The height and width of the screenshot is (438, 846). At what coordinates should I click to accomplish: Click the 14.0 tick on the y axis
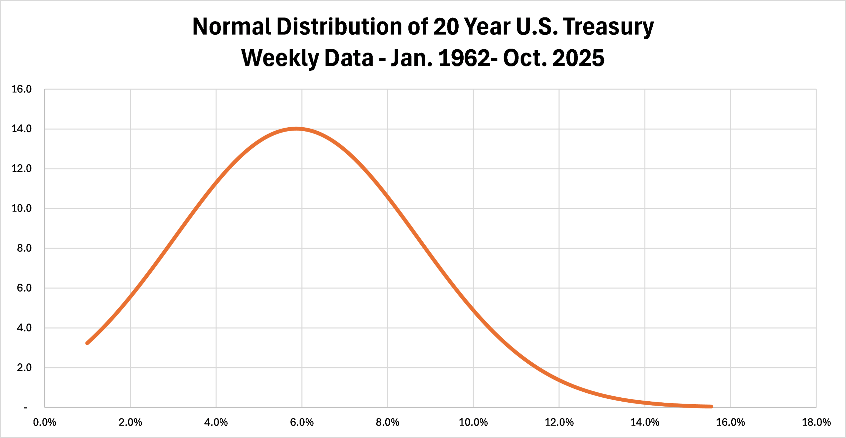click(21, 129)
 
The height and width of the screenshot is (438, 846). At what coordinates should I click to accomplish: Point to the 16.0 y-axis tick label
click(21, 89)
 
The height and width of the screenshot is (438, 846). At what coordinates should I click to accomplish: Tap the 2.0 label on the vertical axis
click(24, 368)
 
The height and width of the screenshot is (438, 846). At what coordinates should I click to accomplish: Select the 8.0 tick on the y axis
click(24, 248)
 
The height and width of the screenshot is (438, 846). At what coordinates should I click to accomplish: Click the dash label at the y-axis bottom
click(25, 408)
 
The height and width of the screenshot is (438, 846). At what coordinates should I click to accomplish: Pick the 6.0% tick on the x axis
click(302, 422)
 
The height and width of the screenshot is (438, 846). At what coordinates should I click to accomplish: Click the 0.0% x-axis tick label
click(45, 422)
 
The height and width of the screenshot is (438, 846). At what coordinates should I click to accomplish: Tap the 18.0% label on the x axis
click(816, 422)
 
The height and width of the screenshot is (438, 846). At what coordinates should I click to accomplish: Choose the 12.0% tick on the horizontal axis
click(559, 422)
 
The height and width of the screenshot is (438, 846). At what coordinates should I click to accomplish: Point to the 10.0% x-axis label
click(473, 422)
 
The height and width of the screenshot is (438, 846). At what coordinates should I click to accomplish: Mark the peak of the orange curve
click(296, 129)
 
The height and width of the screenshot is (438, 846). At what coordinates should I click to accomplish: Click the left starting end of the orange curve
click(87, 343)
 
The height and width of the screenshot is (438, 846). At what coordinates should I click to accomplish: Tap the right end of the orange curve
click(711, 407)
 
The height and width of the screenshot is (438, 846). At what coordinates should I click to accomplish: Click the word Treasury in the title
click(608, 27)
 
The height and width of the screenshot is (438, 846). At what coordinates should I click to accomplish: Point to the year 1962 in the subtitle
click(464, 58)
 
